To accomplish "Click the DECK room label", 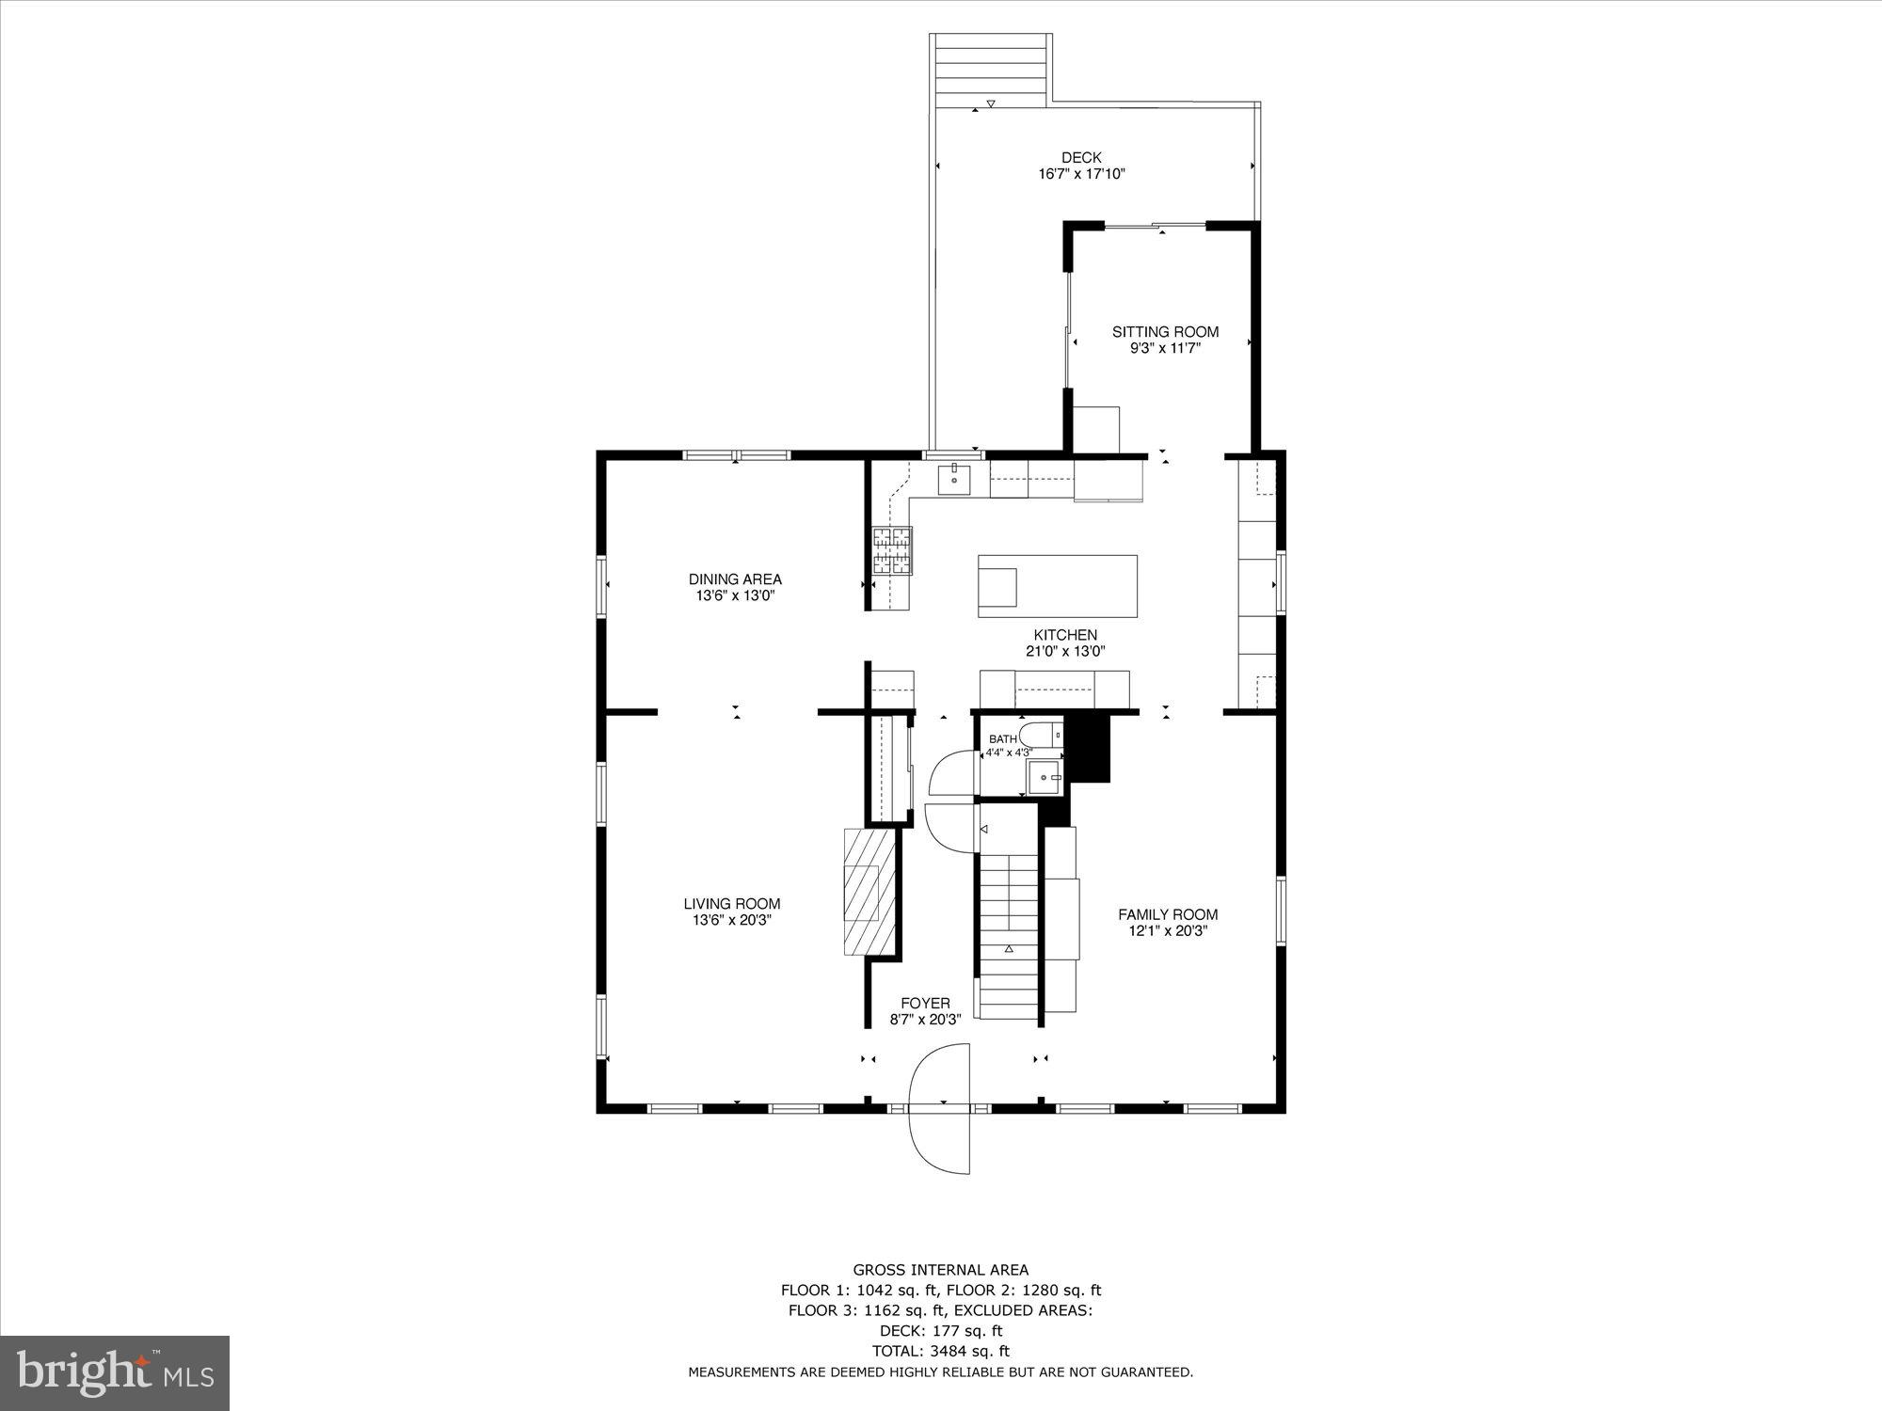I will tap(1081, 158).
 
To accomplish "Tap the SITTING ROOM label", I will tap(1165, 332).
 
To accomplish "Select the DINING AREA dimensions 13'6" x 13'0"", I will tap(734, 595).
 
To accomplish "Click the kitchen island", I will tap(1058, 586).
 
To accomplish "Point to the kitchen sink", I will tap(954, 480).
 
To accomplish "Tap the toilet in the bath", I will tap(1040, 735).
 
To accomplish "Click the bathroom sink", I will tap(1044, 778).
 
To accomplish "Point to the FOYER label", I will tap(925, 1004).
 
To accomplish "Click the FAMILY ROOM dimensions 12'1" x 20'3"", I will tap(1168, 931).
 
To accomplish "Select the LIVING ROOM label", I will tap(732, 904).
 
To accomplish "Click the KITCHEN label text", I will tap(1065, 635).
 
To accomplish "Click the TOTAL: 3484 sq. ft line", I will tap(940, 1351).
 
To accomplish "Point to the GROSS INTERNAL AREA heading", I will tap(940, 1270).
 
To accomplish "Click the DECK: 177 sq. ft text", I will tap(940, 1330).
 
